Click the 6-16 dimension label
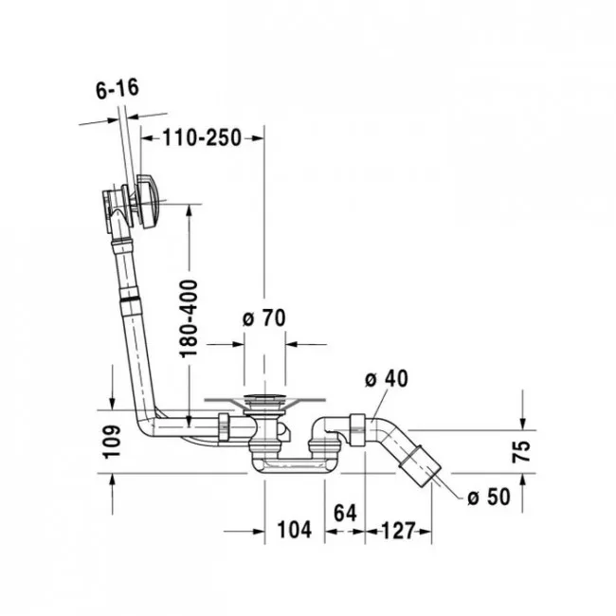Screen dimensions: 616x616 coord(118,89)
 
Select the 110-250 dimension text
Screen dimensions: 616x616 coord(202,138)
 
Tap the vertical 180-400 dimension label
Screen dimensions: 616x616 coord(189,318)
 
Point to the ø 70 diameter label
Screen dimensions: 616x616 coord(264,318)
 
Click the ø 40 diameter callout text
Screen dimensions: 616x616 coord(387,378)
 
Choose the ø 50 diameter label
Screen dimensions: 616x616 coord(489,497)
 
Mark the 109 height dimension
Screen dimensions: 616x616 coord(112,442)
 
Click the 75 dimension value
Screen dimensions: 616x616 coord(522,452)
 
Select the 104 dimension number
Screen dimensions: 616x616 coord(294,530)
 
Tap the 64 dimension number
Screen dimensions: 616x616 coord(345,513)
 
